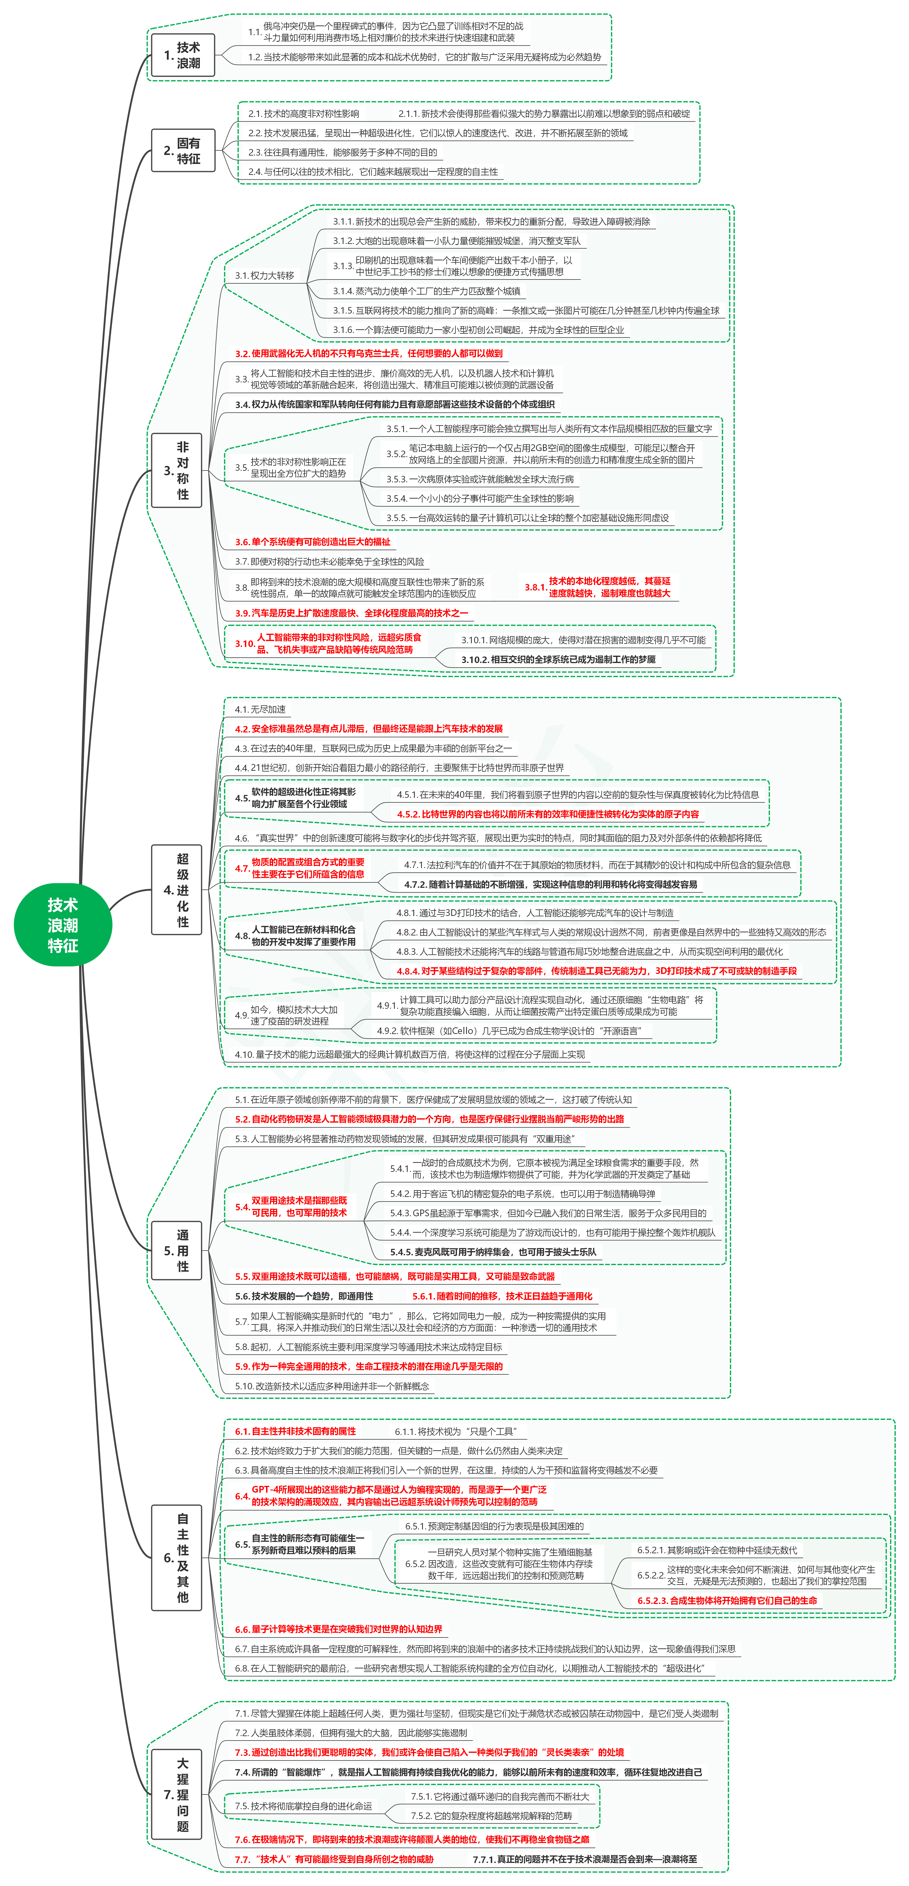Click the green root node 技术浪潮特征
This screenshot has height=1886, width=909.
point(63,925)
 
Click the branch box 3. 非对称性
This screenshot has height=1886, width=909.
point(177,470)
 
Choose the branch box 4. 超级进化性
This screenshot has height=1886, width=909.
point(177,890)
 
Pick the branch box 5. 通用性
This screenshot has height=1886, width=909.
point(177,1250)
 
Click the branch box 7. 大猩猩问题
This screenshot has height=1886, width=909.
point(177,1795)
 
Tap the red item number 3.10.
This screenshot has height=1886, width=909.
point(244,643)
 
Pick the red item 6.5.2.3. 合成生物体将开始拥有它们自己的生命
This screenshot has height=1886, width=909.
point(727,1601)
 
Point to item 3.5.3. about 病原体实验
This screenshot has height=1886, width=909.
point(480,479)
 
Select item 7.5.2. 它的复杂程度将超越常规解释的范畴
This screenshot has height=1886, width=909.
point(491,1816)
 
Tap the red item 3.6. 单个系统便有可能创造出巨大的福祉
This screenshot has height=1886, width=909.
point(313,542)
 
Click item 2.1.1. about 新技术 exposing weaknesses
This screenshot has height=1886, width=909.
point(544,113)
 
